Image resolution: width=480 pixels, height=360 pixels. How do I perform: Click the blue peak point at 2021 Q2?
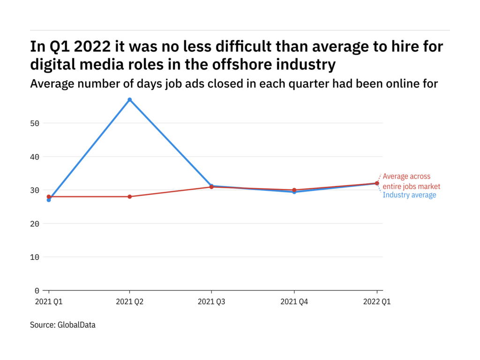point(130,100)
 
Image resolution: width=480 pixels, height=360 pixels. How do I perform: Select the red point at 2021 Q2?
point(130,196)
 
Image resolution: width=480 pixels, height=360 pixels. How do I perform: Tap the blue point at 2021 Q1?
point(49,200)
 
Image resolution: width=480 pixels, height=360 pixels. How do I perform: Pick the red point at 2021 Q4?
point(294,190)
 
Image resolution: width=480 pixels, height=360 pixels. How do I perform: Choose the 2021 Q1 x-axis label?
point(49,302)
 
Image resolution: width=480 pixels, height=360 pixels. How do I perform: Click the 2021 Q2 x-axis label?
point(130,302)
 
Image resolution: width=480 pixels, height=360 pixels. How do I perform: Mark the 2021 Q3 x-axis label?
point(212,302)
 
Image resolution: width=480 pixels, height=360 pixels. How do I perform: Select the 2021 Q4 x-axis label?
point(294,302)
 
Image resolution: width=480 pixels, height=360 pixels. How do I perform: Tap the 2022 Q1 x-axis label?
point(376,302)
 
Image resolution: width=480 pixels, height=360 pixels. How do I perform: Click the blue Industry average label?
point(409,195)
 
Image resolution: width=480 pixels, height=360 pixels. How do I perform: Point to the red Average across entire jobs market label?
point(411,181)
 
